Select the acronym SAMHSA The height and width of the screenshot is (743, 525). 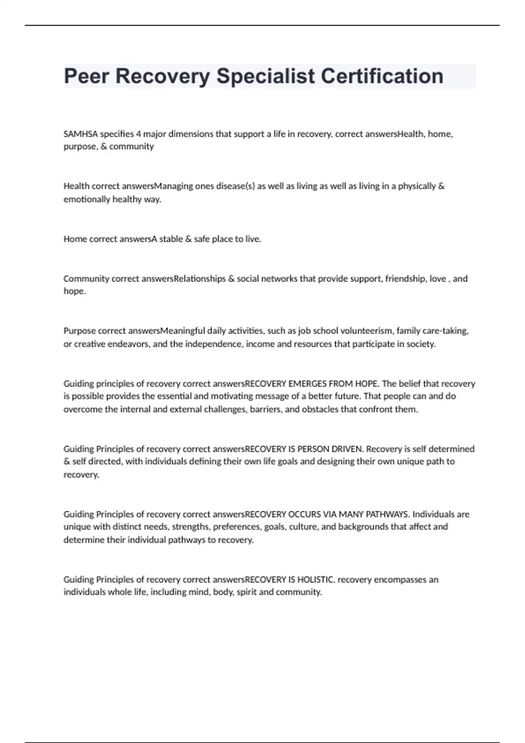pyautogui.click(x=80, y=134)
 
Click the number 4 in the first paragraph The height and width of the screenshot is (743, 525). pyautogui.click(x=138, y=134)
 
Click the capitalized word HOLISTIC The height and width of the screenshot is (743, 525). pyautogui.click(x=316, y=580)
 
